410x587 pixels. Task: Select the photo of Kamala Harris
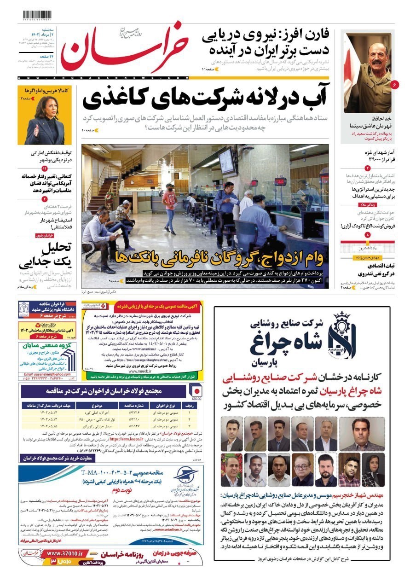[x=44, y=121]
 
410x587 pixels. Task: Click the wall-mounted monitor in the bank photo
[x=227, y=161]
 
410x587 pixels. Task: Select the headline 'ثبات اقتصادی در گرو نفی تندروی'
[x=368, y=269]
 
